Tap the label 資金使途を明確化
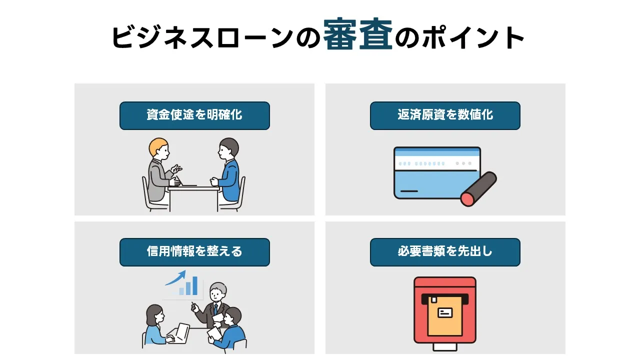point(194,115)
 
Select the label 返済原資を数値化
point(445,115)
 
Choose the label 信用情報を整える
point(194,251)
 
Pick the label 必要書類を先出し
point(445,251)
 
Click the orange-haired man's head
point(159,148)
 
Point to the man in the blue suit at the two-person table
point(228,172)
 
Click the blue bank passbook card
point(435,172)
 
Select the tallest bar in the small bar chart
point(195,285)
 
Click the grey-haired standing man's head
point(218,291)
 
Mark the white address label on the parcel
point(444,313)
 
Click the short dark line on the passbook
point(409,191)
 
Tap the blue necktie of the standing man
point(216,308)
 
